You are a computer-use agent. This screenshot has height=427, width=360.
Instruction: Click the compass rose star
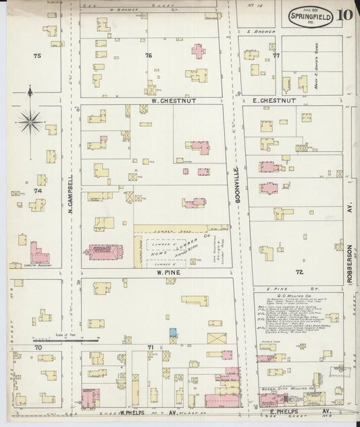pyautogui.click(x=30, y=122)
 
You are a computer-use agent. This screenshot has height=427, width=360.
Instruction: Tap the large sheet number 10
pyautogui.click(x=345, y=15)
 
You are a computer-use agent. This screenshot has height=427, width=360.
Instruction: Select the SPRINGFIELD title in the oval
pyautogui.click(x=310, y=14)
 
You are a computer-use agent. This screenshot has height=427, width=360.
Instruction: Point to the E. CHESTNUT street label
pyautogui.click(x=274, y=101)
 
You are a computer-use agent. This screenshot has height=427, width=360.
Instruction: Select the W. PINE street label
pyautogui.click(x=166, y=273)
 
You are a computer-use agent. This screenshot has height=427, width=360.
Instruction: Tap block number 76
pyautogui.click(x=148, y=55)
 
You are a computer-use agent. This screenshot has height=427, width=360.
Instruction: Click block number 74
pyautogui.click(x=38, y=191)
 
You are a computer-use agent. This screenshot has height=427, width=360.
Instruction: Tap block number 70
pyautogui.click(x=38, y=347)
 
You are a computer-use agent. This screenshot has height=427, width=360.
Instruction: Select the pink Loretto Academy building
pyautogui.click(x=38, y=255)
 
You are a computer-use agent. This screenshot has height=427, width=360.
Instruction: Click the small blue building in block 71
pyautogui.click(x=172, y=332)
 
